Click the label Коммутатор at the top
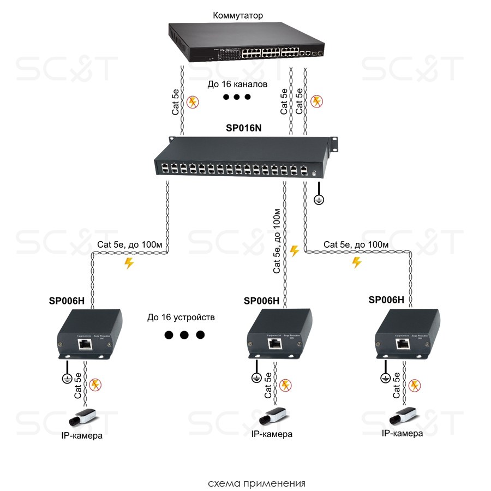[237, 15]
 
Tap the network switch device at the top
[245, 43]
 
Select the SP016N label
[244, 129]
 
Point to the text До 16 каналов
[237, 85]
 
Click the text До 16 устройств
[181, 317]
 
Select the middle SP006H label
[261, 301]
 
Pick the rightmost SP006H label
[386, 300]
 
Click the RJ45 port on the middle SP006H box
[274, 343]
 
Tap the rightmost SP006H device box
[407, 335]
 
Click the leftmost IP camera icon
[82, 418]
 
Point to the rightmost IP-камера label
[402, 433]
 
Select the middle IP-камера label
[272, 434]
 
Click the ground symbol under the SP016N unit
[320, 200]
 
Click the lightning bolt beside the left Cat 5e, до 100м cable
[129, 264]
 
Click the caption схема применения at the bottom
[256, 483]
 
